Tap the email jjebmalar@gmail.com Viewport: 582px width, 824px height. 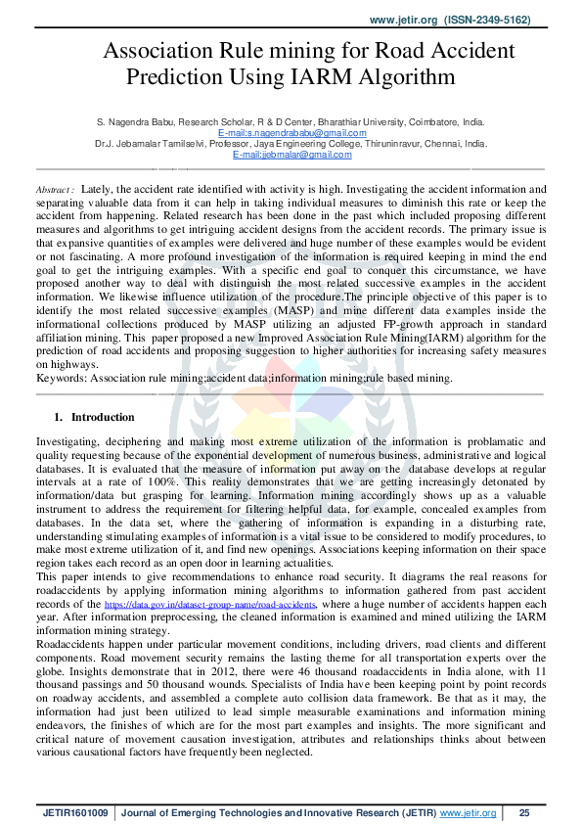pyautogui.click(x=291, y=155)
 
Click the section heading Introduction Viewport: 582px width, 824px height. pyautogui.click(x=104, y=417)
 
